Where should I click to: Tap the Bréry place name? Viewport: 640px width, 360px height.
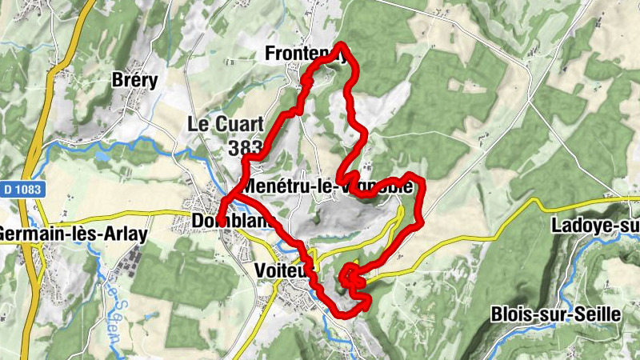[135, 81]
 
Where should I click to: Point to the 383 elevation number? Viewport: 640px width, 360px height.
[245, 148]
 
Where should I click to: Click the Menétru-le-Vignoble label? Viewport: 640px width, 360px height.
[328, 186]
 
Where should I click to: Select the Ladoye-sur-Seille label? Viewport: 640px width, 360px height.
[595, 226]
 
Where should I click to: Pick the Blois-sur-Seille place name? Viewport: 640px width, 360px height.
[556, 314]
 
